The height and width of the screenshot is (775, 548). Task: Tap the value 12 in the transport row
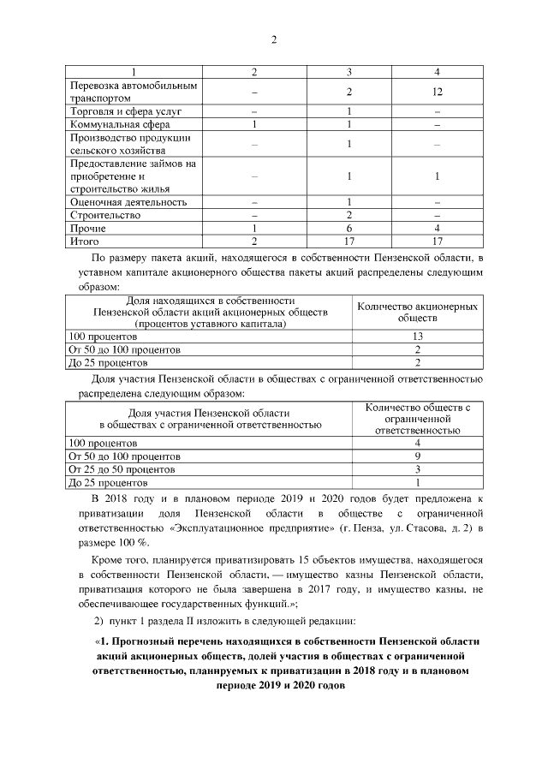tap(437, 92)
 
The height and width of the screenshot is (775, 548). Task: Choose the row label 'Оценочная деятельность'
tap(128, 202)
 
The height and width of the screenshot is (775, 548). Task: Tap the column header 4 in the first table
tap(437, 72)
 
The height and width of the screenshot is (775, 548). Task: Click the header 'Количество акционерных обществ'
tap(417, 312)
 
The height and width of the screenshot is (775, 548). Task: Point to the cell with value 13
tap(417, 337)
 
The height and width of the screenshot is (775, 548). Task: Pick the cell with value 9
tap(417, 456)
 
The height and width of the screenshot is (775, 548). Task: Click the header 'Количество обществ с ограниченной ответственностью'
tap(417, 420)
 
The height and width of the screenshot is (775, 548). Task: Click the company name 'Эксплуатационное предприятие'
tap(244, 528)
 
